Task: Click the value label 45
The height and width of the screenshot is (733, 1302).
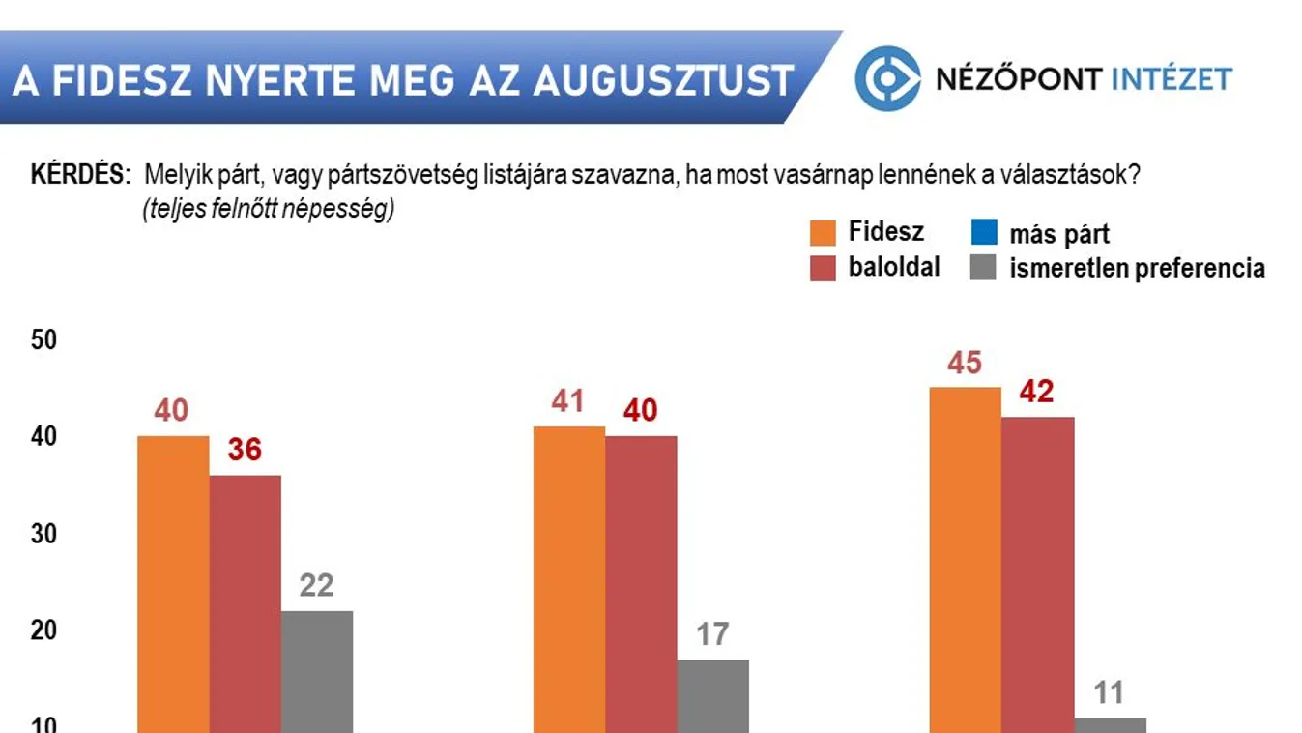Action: click(x=965, y=364)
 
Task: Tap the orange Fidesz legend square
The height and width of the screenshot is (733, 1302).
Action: click(x=823, y=233)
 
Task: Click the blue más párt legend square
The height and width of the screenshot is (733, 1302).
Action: click(x=983, y=233)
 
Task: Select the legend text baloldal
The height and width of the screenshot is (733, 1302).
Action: click(x=894, y=267)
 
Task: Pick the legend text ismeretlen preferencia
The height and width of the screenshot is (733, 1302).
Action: click(x=1137, y=268)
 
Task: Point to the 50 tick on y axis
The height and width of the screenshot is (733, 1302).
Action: click(x=44, y=340)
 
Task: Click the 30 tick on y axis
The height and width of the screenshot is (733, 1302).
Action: click(x=44, y=534)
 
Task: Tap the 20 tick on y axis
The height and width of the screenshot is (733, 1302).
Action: click(x=44, y=630)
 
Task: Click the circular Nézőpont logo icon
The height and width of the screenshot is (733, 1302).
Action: click(x=886, y=78)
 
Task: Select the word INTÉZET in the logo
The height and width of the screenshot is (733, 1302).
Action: click(x=1172, y=78)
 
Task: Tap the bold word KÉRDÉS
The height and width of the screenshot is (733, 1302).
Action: click(x=80, y=175)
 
